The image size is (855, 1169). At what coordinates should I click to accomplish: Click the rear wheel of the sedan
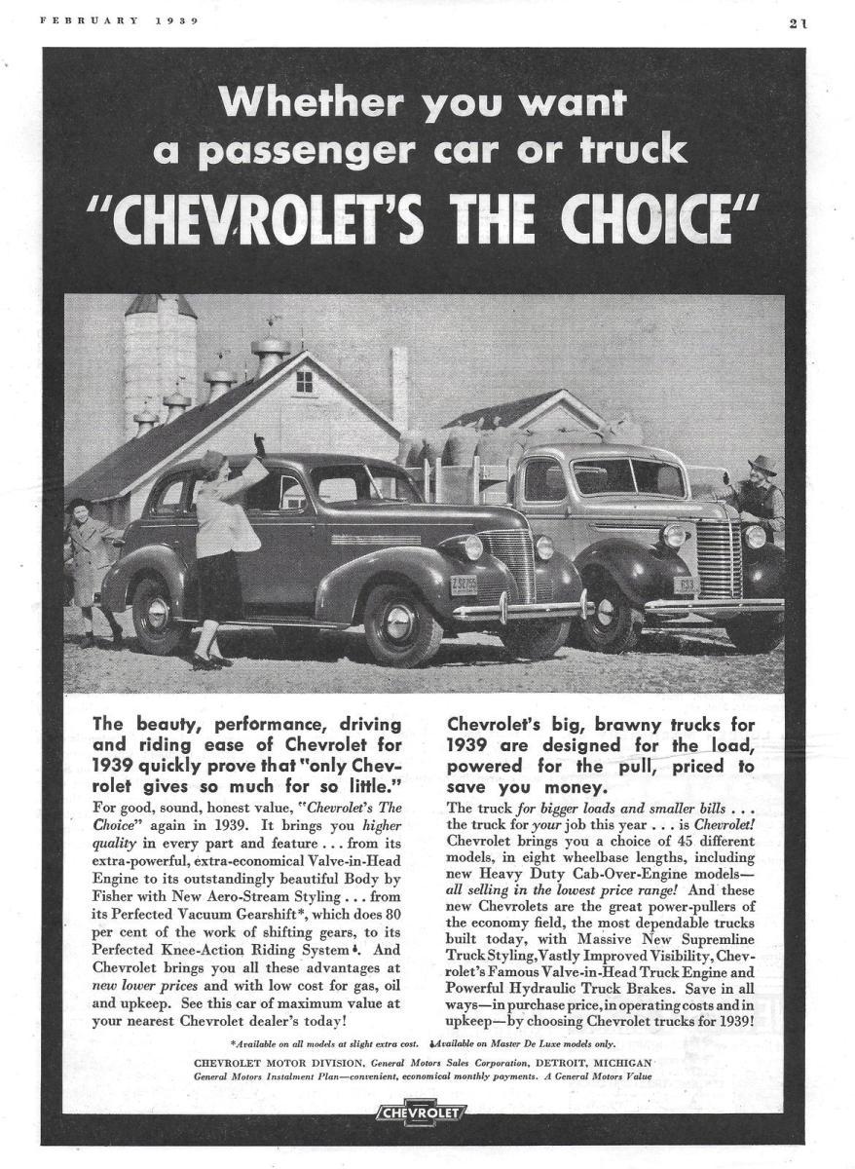[157, 615]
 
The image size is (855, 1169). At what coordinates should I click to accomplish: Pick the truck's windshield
[628, 477]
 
